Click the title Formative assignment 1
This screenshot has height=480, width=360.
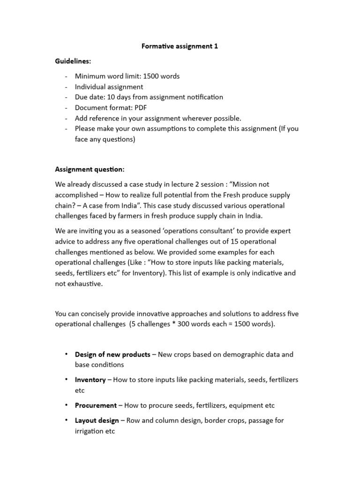(x=180, y=46)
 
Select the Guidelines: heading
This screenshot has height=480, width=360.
(x=74, y=61)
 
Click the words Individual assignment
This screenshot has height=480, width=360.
(x=109, y=87)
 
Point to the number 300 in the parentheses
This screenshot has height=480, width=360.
(x=181, y=323)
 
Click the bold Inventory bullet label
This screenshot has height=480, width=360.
(x=90, y=380)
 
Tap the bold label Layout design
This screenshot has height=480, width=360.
(x=97, y=420)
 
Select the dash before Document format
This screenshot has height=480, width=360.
(x=66, y=108)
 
